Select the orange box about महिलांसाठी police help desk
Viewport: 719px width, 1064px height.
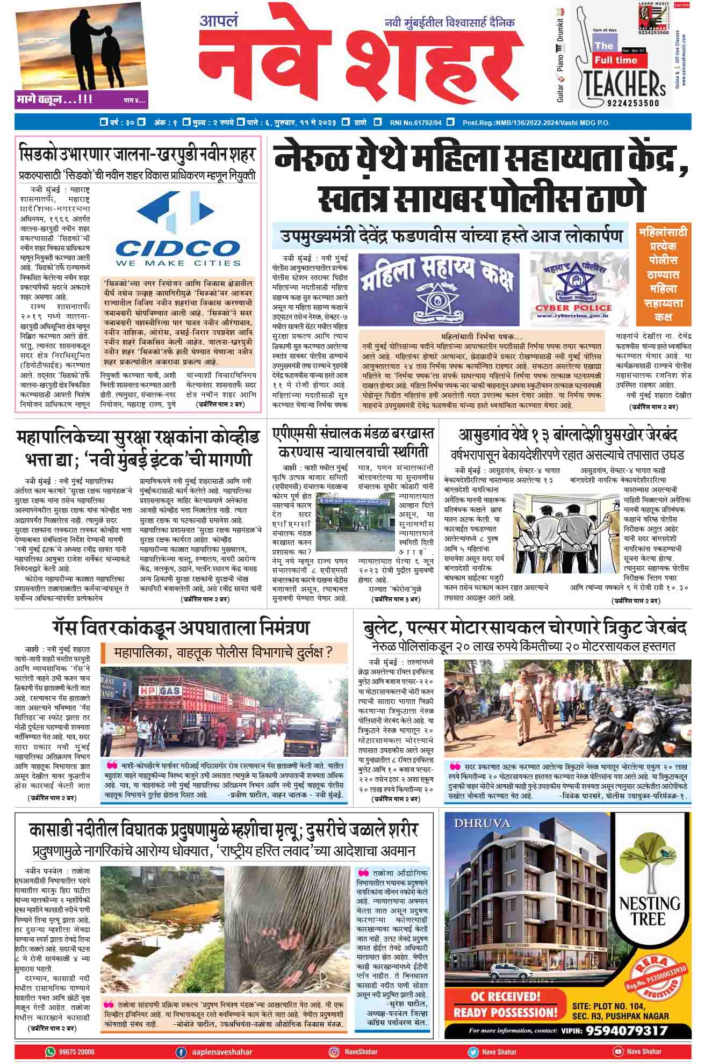pyautogui.click(x=664, y=274)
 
